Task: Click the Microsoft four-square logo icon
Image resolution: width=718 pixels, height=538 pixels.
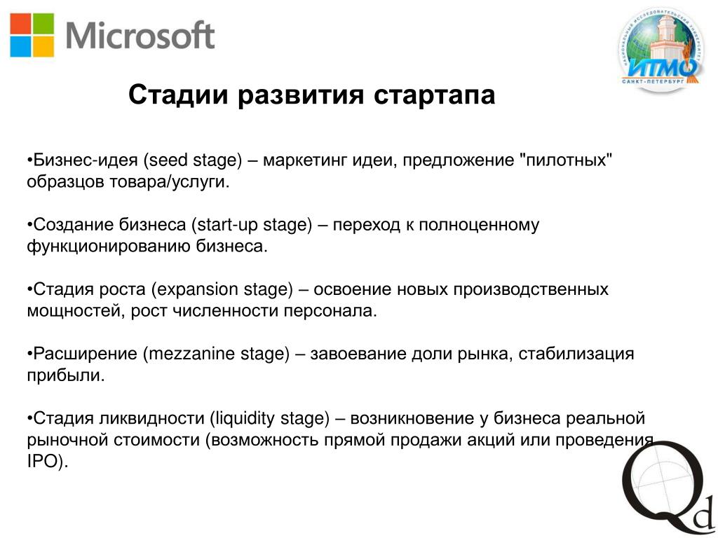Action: [32, 35]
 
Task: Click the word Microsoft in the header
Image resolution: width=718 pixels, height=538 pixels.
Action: [140, 35]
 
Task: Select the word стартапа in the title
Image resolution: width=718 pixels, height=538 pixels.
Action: [434, 95]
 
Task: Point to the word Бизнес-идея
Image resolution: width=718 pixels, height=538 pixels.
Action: [86, 160]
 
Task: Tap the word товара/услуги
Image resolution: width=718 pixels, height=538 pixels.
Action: [170, 182]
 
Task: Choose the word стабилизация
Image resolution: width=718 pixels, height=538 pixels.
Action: [576, 354]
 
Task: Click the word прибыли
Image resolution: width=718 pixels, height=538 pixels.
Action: [66, 375]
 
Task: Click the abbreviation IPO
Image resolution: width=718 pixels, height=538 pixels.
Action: [44, 462]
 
